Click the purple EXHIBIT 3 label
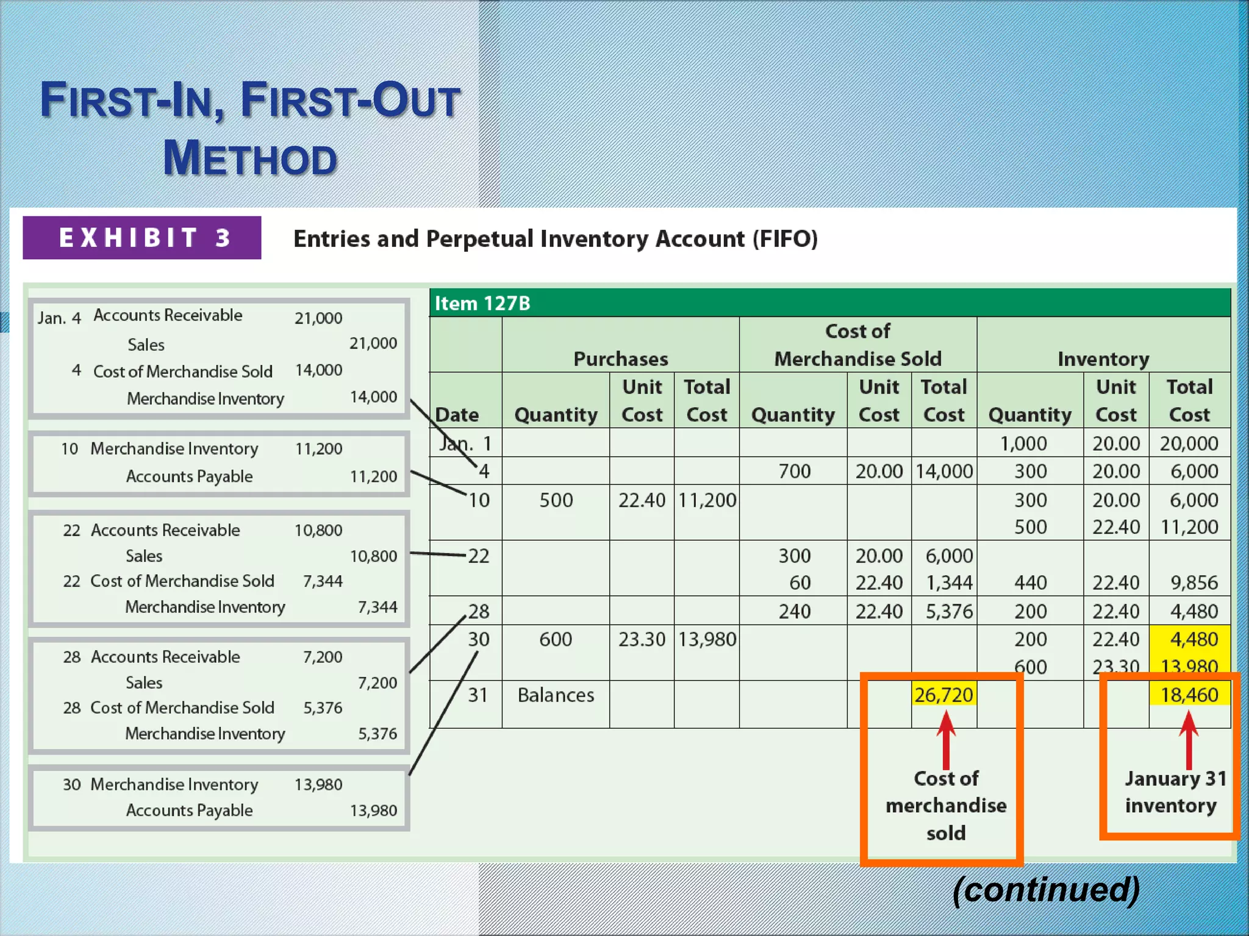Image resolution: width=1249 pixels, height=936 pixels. coord(142,238)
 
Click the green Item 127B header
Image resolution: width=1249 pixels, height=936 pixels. coord(482,303)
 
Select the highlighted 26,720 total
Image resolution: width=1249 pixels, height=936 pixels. coord(943,695)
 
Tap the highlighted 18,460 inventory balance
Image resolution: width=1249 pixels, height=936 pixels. coord(1189,695)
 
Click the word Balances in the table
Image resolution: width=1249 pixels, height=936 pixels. coord(556,695)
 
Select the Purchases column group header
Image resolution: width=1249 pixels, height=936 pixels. coord(620,359)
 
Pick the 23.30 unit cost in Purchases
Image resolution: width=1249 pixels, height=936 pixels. coord(642,639)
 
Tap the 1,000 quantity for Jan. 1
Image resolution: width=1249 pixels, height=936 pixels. coord(1023,444)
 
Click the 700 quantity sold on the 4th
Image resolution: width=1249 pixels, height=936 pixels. coord(794,471)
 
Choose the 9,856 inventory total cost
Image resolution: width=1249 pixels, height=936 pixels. coord(1194,583)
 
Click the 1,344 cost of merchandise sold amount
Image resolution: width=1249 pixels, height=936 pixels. coord(949,583)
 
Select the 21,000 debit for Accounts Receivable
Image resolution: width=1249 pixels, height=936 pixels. coord(318,318)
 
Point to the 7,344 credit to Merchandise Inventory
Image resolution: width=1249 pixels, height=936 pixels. coord(378,607)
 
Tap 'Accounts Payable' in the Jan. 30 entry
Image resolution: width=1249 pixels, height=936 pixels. coord(189,810)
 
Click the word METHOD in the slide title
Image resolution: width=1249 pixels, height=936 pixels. coord(250,158)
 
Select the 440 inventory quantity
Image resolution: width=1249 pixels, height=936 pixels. coord(1030,583)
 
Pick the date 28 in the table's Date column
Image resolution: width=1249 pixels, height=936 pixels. coord(479,611)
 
